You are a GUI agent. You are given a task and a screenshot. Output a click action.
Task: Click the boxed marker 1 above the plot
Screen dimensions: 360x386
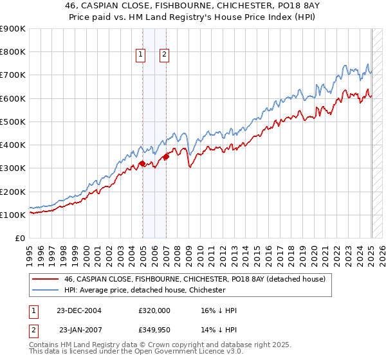point(140,55)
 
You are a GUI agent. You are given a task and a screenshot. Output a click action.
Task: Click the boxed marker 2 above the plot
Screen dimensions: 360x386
point(164,55)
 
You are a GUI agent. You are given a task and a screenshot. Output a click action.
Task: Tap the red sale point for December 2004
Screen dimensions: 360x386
point(142,163)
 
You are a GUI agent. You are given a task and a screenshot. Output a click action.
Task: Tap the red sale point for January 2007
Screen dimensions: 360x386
point(166,156)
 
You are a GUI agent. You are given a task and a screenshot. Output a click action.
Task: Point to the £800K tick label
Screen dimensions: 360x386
point(13,52)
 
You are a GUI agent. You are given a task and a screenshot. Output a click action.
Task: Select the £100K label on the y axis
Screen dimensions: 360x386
point(13,215)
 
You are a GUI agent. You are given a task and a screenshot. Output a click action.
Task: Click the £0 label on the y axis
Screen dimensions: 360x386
point(20,238)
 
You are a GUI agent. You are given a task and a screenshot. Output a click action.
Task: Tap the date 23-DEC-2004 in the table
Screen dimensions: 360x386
point(79,310)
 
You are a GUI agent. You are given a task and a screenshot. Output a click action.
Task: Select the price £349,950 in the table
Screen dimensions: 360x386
point(154,330)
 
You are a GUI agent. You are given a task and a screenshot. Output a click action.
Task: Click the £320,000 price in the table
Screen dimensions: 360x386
point(154,310)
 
